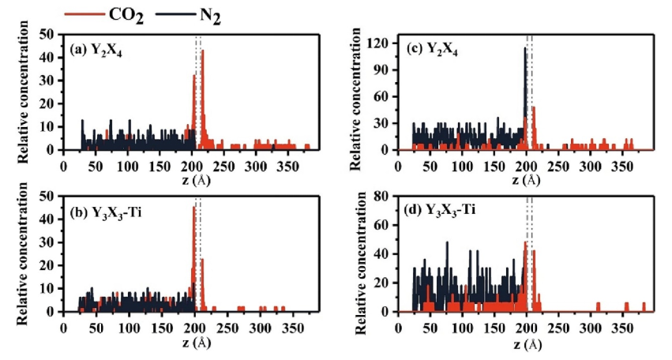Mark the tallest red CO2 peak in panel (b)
point(194,208)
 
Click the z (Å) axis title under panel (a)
point(195,180)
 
